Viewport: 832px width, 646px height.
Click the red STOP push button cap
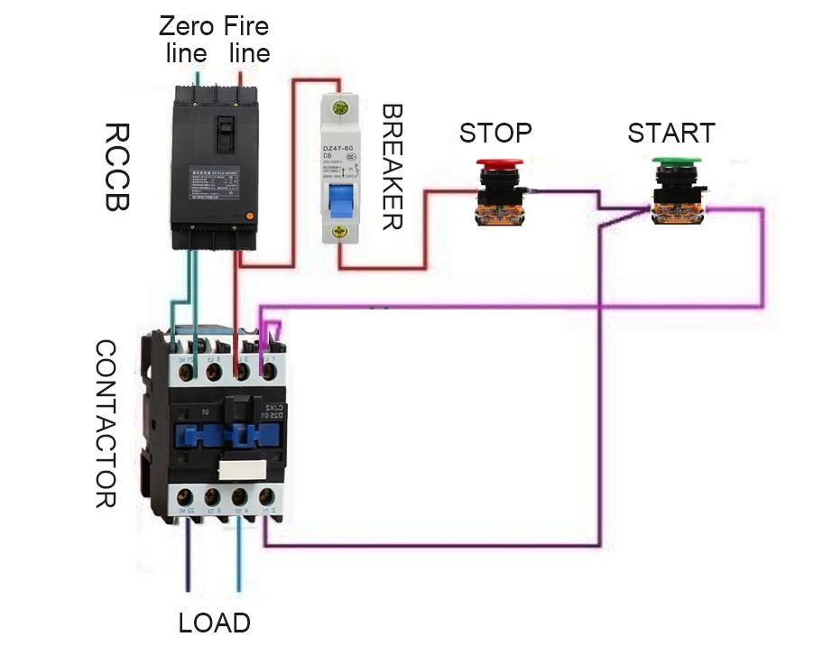[x=498, y=165]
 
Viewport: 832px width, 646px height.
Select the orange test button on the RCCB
[x=249, y=216]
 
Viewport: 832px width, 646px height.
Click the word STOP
[x=495, y=133]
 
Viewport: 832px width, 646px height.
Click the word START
[x=671, y=133]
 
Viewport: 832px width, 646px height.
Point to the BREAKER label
[x=391, y=167]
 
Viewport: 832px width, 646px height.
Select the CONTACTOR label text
[x=106, y=424]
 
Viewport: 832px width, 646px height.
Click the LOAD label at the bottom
[x=214, y=623]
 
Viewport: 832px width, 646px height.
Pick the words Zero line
[x=187, y=39]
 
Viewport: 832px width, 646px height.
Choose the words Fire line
[x=247, y=39]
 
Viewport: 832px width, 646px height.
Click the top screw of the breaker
[x=340, y=108]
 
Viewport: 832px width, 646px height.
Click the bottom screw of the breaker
[x=340, y=232]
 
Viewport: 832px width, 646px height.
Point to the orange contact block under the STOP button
[x=497, y=213]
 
